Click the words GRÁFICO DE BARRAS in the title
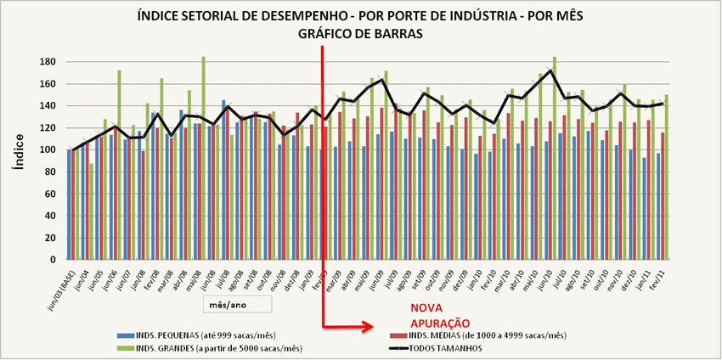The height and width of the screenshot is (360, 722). tap(361, 34)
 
